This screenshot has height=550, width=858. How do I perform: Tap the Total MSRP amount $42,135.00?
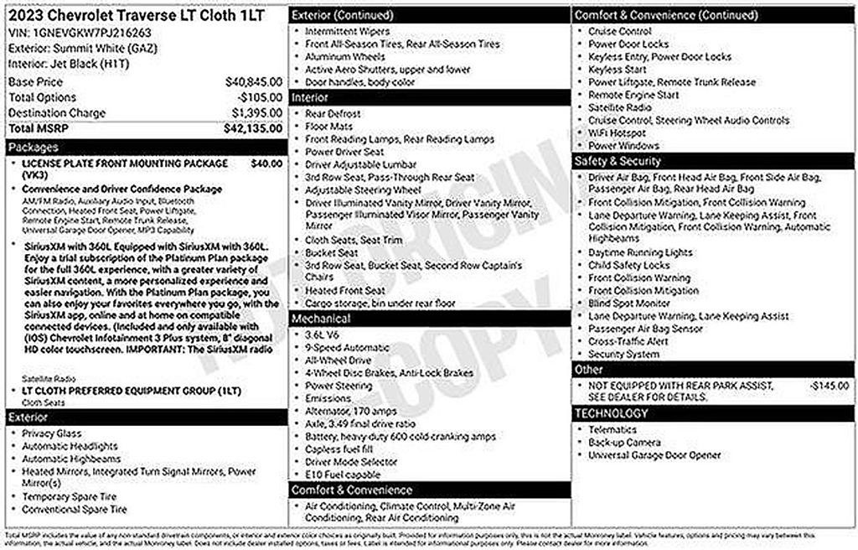point(253,128)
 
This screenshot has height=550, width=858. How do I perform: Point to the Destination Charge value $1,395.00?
point(259,113)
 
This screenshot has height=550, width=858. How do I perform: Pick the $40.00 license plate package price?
point(266,163)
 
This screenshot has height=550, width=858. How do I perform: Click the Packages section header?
point(34,148)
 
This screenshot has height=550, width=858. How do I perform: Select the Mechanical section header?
point(322,319)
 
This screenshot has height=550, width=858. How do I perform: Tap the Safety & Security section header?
point(618,161)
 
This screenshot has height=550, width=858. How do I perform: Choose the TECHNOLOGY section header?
point(612,413)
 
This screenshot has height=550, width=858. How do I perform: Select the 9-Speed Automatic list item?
point(342,347)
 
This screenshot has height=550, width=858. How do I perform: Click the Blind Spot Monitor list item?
point(629,304)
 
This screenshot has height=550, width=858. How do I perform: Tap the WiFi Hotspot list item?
point(617,132)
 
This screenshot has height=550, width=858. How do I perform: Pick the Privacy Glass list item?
point(53,433)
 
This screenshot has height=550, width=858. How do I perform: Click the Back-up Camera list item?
point(624,442)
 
